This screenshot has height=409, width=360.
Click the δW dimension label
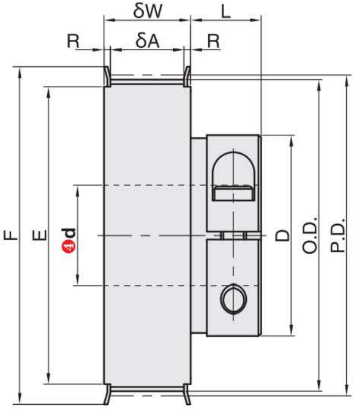click(148, 11)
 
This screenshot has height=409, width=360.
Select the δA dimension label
click(147, 41)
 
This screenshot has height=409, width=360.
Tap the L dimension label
click(226, 12)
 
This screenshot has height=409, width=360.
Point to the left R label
click(73, 41)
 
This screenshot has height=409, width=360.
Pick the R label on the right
click(213, 41)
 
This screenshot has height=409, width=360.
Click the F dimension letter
click(10, 235)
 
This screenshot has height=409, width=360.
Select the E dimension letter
click(39, 235)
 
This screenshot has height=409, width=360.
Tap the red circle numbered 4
click(69, 247)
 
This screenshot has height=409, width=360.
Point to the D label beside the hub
click(283, 236)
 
